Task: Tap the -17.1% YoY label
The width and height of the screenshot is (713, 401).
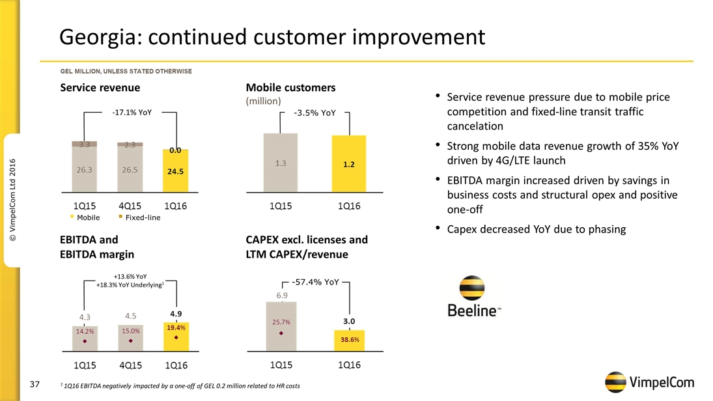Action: pyautogui.click(x=132, y=113)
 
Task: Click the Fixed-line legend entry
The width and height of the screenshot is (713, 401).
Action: pyautogui.click(x=143, y=217)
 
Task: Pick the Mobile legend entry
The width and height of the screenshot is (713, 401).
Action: pyautogui.click(x=88, y=217)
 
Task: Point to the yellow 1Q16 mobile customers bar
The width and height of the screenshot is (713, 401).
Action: pyautogui.click(x=349, y=163)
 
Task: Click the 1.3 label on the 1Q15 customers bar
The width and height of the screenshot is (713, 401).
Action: pyautogui.click(x=281, y=163)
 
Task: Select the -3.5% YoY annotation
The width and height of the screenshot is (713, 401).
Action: pyautogui.click(x=315, y=113)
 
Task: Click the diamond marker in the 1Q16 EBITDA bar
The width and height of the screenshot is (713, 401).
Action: pyautogui.click(x=176, y=338)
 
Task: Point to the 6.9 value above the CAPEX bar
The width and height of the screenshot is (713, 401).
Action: pyautogui.click(x=281, y=296)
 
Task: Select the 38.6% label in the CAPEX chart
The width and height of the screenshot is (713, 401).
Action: pyautogui.click(x=350, y=339)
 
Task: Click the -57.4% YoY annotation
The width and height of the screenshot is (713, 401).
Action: pyautogui.click(x=316, y=282)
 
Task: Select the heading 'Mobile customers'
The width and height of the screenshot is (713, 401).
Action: pyautogui.click(x=290, y=87)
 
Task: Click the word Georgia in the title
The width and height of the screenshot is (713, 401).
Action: pyautogui.click(x=98, y=37)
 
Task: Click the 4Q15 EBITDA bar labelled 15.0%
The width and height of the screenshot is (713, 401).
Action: pyautogui.click(x=130, y=337)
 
